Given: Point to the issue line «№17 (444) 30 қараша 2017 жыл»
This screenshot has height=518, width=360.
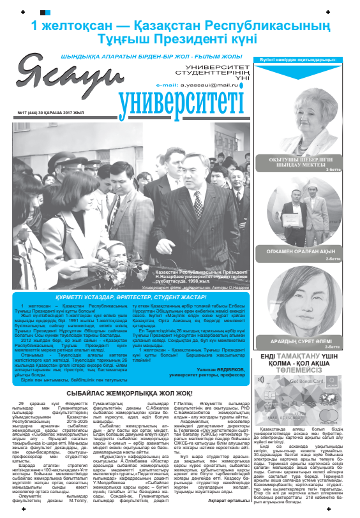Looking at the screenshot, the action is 43,114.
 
